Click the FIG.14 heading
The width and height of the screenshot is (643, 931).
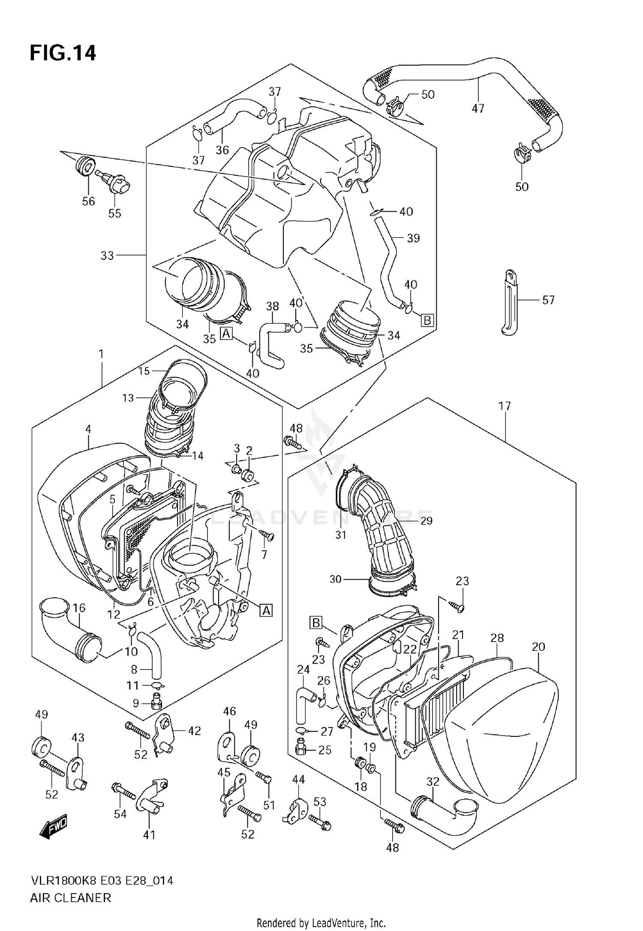pyautogui.click(x=63, y=53)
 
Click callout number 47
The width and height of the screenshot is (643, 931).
pyautogui.click(x=478, y=109)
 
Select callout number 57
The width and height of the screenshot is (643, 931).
pyautogui.click(x=548, y=300)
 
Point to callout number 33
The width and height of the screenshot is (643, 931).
pyautogui.click(x=107, y=255)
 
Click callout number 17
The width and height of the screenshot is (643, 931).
pyautogui.click(x=505, y=405)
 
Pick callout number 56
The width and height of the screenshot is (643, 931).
pyautogui.click(x=88, y=201)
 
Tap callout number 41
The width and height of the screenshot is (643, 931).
pyautogui.click(x=149, y=835)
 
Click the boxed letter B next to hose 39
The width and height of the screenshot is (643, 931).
pyautogui.click(x=427, y=320)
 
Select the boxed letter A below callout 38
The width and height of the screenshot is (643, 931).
pyautogui.click(x=226, y=333)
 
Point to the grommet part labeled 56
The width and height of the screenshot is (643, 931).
pyautogui.click(x=84, y=166)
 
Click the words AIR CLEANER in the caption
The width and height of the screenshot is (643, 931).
pyautogui.click(x=70, y=897)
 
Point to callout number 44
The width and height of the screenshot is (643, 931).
pyautogui.click(x=298, y=779)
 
